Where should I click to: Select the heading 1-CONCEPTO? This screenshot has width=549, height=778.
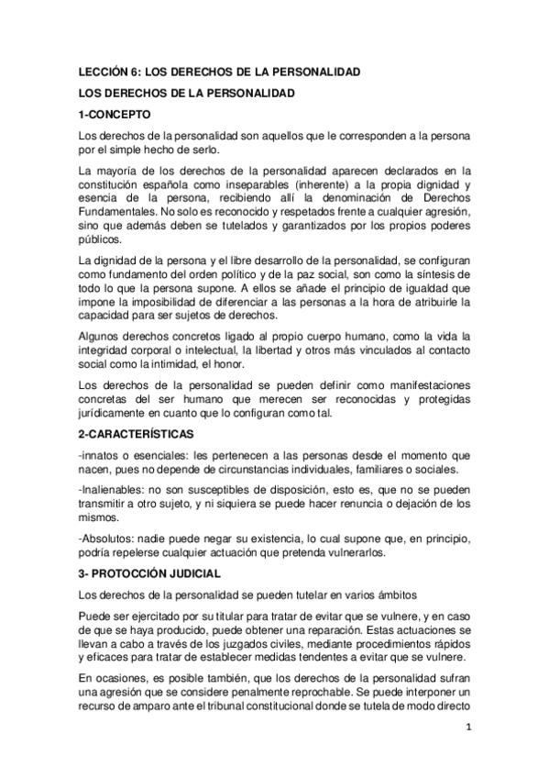click(114, 114)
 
